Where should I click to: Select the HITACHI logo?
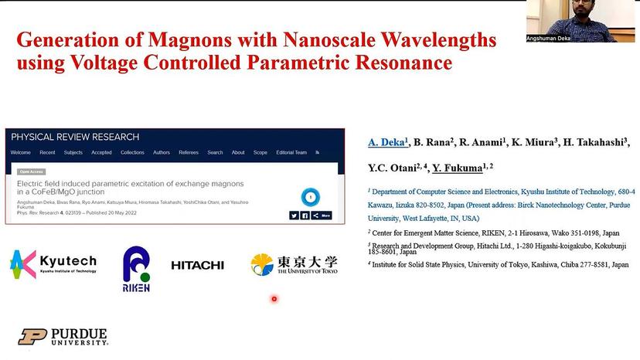[197, 265]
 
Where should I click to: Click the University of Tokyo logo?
[294, 265]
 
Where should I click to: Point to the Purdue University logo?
[63, 337]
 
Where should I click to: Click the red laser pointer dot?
[274, 299]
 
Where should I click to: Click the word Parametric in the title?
[291, 62]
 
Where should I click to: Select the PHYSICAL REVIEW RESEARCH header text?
[75, 137]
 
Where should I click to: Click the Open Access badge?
[32, 172]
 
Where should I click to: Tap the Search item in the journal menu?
[215, 152]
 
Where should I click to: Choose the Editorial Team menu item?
[291, 152]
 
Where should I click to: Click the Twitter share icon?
[294, 216]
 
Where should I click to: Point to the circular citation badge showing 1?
[310, 197]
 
